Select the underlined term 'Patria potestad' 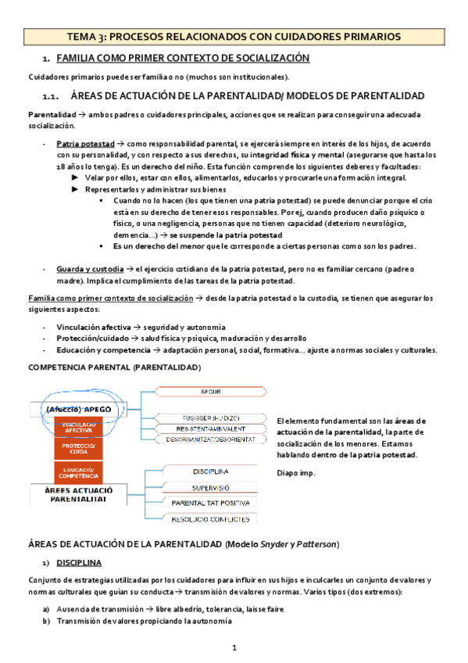click(x=85, y=145)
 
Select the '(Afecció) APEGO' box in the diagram click(x=78, y=409)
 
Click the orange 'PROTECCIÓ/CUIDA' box click(x=79, y=449)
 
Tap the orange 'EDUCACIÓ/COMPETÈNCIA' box click(x=79, y=472)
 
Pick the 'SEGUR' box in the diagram click(x=210, y=391)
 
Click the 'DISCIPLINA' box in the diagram click(x=210, y=471)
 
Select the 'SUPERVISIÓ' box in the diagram click(x=210, y=487)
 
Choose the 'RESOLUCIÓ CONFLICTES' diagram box click(x=210, y=518)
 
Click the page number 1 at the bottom click(x=234, y=648)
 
